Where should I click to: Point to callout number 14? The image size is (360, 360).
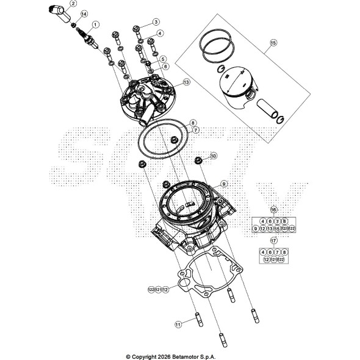pyautogui.click(x=84, y=14)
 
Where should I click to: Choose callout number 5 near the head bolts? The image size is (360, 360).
pyautogui.click(x=163, y=59)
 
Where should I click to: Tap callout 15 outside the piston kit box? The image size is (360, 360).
pyautogui.click(x=273, y=43)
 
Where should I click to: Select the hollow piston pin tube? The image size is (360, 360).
pyautogui.click(x=268, y=108)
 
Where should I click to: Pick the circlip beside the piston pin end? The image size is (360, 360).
pyautogui.click(x=282, y=118)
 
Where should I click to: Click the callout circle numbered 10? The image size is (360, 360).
pyautogui.click(x=213, y=156)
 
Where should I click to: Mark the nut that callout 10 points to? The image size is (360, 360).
pyautogui.click(x=198, y=160)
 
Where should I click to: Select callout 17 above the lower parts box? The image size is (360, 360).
pyautogui.click(x=273, y=240)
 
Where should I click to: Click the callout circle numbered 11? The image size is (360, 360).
pyautogui.click(x=178, y=324)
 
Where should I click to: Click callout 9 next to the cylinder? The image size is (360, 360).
pyautogui.click(x=223, y=184)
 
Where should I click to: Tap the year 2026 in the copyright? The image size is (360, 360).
pyautogui.click(x=164, y=356)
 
